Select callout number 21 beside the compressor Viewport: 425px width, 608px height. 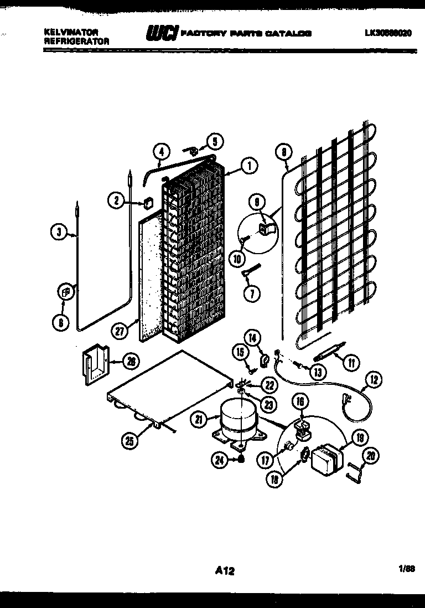point(199,420)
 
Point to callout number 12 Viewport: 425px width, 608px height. point(374,380)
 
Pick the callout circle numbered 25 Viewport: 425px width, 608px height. point(131,441)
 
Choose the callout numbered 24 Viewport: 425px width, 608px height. point(219,457)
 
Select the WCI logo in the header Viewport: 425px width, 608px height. point(161,34)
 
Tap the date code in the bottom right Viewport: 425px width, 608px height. point(406,568)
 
